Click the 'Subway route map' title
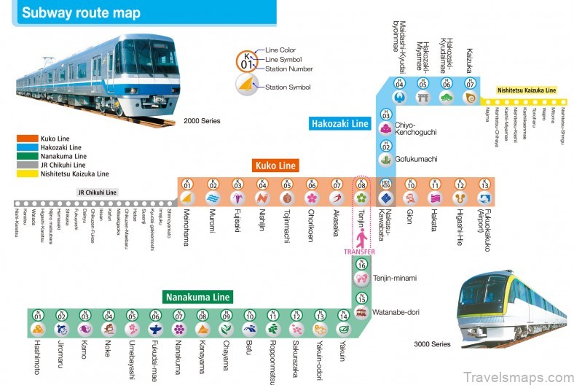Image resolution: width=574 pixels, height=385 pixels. [81, 13]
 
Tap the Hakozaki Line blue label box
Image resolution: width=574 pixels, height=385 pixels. [340, 123]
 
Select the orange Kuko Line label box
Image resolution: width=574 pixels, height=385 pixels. [275, 166]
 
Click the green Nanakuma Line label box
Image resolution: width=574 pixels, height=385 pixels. [197, 297]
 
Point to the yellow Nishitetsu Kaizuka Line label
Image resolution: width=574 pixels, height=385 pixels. [527, 90]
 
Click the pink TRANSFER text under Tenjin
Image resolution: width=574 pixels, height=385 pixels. [360, 252]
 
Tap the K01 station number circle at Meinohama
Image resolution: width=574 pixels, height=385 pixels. [187, 184]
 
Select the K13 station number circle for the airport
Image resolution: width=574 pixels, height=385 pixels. [485, 184]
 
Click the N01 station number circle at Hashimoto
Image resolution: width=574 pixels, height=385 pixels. [38, 315]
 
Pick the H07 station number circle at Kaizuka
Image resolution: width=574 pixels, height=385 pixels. [470, 82]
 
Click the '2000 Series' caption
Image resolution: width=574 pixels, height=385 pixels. [202, 120]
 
